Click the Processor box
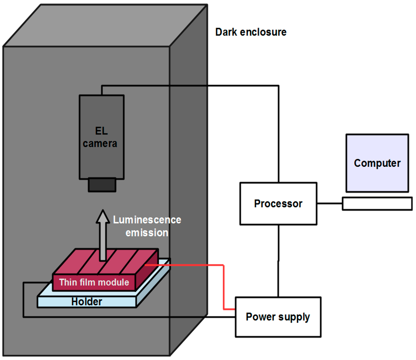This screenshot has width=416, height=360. pyautogui.click(x=278, y=204)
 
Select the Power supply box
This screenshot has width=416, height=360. pyautogui.click(x=278, y=317)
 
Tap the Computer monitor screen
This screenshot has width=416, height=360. pyautogui.click(x=377, y=163)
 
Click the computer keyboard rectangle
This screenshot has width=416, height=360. pyautogui.click(x=377, y=204)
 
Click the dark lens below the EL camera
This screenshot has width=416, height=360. pyautogui.click(x=102, y=185)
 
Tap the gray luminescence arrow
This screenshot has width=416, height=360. pyautogui.click(x=103, y=235)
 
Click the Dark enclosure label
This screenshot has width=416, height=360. pyautogui.click(x=251, y=32)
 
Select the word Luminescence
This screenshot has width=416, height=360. pyautogui.click(x=147, y=220)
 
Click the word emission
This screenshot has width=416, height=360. pyautogui.click(x=147, y=233)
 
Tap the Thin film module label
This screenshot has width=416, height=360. pyautogui.click(x=94, y=282)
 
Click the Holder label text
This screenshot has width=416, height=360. pyautogui.click(x=87, y=302)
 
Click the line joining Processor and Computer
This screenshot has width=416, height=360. pyautogui.click(x=329, y=204)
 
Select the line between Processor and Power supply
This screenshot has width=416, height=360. pyautogui.click(x=278, y=261)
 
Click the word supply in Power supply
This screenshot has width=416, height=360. pyautogui.click(x=294, y=317)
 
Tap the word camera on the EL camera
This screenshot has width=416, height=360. pyautogui.click(x=100, y=144)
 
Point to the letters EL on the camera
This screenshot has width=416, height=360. pyautogui.click(x=102, y=131)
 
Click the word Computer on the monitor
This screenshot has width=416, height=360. pyautogui.click(x=377, y=163)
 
